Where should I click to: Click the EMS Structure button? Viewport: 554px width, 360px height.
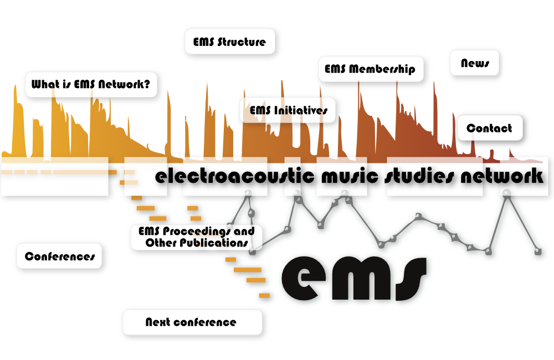(230, 42)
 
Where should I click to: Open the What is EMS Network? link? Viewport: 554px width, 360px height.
(91, 84)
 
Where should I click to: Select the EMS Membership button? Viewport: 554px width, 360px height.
(371, 69)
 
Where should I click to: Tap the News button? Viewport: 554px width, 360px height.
(475, 63)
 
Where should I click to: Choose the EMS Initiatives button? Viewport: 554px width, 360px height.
(288, 110)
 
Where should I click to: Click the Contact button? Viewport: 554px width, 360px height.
(490, 128)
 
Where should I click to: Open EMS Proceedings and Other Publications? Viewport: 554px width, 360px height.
(197, 237)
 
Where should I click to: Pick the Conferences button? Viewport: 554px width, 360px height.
(59, 256)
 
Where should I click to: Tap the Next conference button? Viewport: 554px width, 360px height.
(193, 322)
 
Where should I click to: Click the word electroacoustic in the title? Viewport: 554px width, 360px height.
(234, 176)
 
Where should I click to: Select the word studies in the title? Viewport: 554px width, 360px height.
(419, 176)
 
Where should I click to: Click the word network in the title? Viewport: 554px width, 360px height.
(502, 176)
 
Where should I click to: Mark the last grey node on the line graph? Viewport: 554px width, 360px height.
(538, 251)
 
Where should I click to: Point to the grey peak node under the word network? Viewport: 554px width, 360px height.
(507, 193)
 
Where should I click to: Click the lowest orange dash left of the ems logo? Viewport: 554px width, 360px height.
(265, 295)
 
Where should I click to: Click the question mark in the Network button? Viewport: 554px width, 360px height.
(147, 84)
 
